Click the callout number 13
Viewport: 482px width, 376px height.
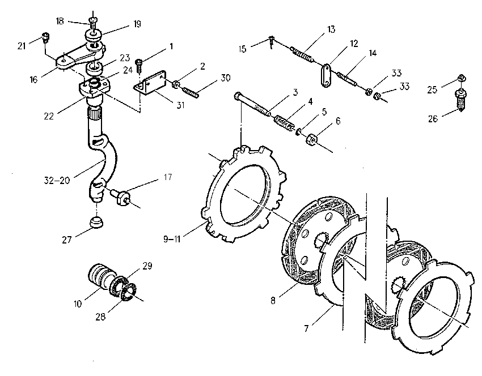331,29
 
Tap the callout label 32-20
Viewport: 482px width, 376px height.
57,180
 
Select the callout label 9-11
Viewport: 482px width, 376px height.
171,239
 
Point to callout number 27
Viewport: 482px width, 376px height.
67,240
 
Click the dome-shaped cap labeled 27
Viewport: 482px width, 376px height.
96,222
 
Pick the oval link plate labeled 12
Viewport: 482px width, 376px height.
327,75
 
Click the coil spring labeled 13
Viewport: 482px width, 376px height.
302,55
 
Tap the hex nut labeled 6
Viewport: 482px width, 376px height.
312,140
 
